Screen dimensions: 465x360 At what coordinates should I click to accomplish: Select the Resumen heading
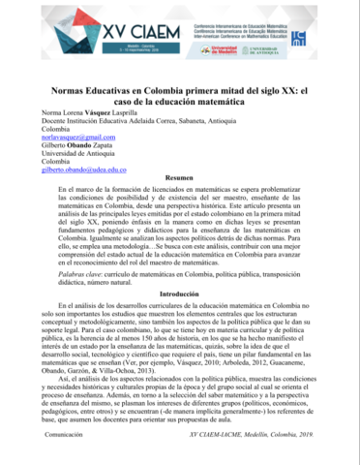(x=180, y=181)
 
